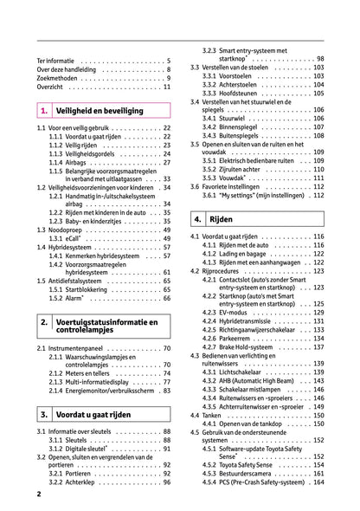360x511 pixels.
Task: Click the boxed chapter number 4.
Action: click(x=199, y=220)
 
